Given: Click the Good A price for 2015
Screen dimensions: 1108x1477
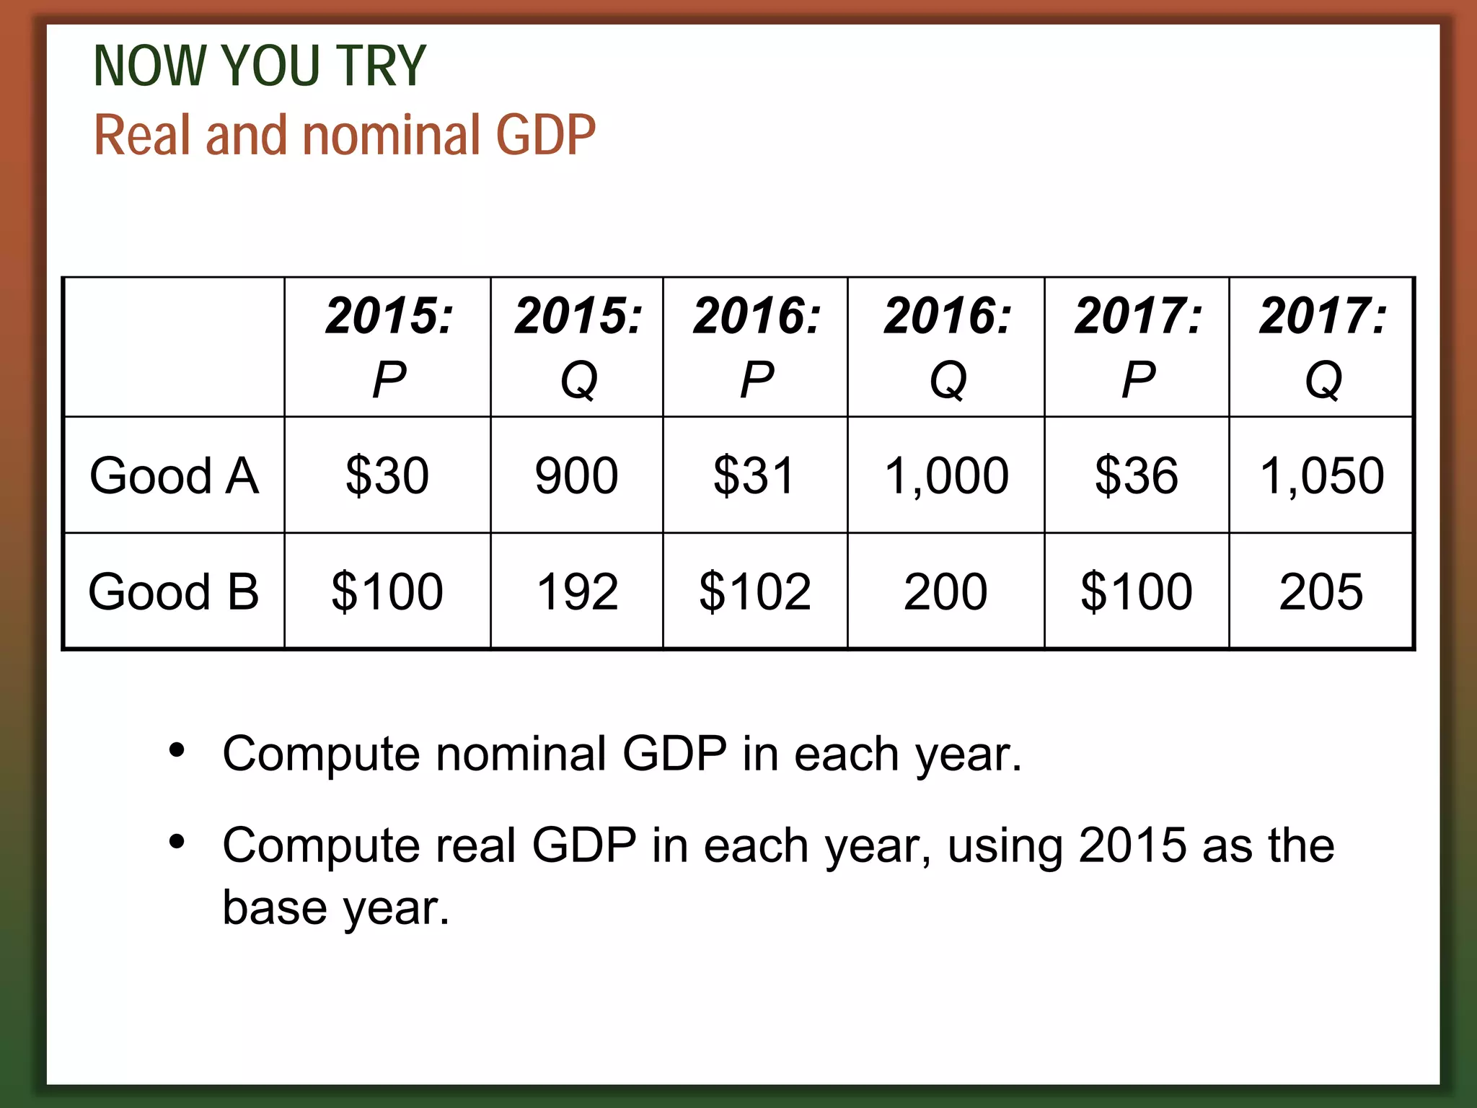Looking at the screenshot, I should click(x=387, y=476).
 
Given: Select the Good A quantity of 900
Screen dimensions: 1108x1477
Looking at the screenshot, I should click(x=576, y=476).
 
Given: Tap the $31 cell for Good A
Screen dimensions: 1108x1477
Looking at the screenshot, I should click(x=754, y=476).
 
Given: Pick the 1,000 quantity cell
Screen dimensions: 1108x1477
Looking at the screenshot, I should click(x=945, y=476).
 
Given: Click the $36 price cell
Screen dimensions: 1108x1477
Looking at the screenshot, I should click(x=1137, y=476).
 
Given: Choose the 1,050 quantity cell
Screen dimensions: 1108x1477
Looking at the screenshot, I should click(x=1321, y=476).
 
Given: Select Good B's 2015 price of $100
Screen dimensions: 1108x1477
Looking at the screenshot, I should click(x=387, y=592).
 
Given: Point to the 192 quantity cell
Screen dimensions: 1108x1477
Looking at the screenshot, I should click(x=576, y=592).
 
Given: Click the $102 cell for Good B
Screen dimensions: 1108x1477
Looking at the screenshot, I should click(x=754, y=592).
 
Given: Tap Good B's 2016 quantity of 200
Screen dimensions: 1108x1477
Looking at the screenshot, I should click(x=945, y=592).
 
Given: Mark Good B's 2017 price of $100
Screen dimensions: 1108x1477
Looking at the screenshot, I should click(x=1137, y=592).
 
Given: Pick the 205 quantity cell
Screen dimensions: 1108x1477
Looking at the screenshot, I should click(x=1321, y=592).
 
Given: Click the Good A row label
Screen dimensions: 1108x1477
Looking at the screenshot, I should click(x=174, y=476).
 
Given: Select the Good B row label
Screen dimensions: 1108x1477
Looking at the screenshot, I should click(x=174, y=592).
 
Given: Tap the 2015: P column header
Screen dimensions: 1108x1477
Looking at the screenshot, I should click(x=389, y=347).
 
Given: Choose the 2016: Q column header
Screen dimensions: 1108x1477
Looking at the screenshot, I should click(x=948, y=347).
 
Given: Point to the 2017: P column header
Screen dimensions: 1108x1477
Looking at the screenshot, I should click(x=1138, y=347).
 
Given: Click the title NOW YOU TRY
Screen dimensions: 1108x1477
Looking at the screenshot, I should click(x=260, y=66).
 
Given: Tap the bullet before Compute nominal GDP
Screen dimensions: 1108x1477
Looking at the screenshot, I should click(x=177, y=751).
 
